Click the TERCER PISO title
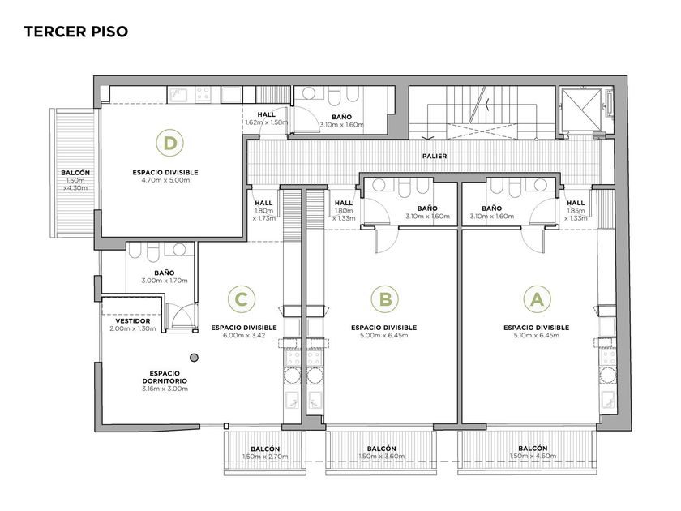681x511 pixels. pos(76,32)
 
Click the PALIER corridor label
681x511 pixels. pos(435,156)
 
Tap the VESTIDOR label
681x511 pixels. pos(133,321)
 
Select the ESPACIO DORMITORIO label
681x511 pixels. pos(165,376)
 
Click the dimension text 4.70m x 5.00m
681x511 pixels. pos(165,180)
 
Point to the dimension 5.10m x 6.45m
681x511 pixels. pos(537,336)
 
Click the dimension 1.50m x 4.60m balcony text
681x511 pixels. pos(533,456)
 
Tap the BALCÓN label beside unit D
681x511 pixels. pos(75,173)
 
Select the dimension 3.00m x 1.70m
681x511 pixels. pos(165,281)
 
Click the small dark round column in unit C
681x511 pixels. pos(195,358)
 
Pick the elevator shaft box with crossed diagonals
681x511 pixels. pos(581,109)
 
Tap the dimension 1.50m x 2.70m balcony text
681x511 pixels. pos(265,457)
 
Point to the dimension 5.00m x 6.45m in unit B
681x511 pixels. pos(384,336)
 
